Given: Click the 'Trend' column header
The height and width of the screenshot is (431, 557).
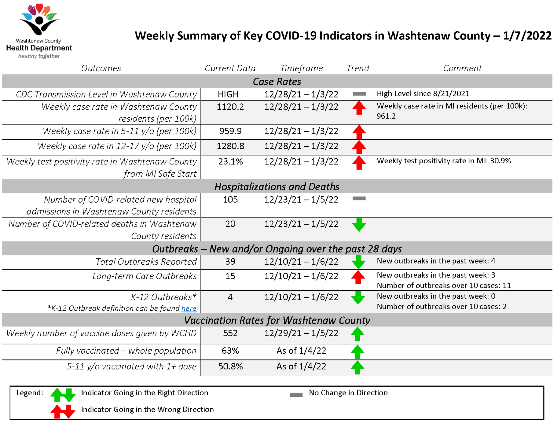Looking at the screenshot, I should click(358, 68).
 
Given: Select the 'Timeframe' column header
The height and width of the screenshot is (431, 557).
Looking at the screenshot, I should click(301, 68).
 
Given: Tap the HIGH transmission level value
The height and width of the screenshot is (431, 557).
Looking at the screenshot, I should click(228, 94).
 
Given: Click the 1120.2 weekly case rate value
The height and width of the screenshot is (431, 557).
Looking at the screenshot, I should click(230, 107).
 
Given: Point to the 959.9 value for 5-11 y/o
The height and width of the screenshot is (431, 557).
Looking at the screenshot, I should click(230, 131).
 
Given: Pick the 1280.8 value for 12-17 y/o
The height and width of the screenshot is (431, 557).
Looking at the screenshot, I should click(230, 146).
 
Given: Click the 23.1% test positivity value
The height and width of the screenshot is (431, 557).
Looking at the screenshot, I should click(230, 162).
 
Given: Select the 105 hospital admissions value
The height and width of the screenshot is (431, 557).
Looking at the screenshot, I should click(230, 200).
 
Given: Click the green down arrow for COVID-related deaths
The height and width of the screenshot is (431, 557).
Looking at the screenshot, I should click(359, 225).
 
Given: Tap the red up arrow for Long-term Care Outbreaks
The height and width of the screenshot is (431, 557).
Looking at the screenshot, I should click(358, 277).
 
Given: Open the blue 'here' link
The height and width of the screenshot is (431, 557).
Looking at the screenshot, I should click(189, 308).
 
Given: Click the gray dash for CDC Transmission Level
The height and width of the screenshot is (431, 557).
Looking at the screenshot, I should click(359, 94).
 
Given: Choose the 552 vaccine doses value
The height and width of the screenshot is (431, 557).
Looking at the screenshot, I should click(230, 333).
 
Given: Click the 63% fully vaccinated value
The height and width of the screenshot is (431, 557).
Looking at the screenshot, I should click(230, 351).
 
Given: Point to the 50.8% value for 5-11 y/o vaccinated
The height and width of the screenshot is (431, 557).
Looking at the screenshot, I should click(230, 366).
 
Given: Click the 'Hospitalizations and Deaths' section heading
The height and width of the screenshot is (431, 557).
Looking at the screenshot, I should click(277, 187).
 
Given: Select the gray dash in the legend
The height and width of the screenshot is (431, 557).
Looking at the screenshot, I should click(296, 395).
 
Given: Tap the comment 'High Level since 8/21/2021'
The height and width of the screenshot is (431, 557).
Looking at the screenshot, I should click(423, 94).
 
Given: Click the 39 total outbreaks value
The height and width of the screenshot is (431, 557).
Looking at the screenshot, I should click(230, 262).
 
